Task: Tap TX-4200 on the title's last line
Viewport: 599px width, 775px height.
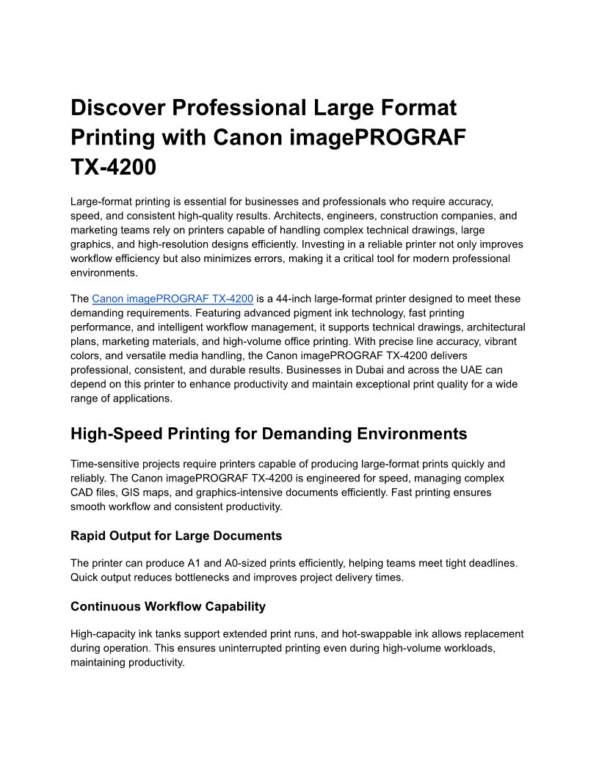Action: [113, 167]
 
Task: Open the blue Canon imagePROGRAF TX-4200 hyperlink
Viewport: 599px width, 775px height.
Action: [173, 299]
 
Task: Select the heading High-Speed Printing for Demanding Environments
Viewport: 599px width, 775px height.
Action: [268, 434]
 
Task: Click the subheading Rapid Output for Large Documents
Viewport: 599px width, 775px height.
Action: [176, 536]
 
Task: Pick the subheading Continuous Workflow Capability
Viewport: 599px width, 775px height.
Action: [168, 606]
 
